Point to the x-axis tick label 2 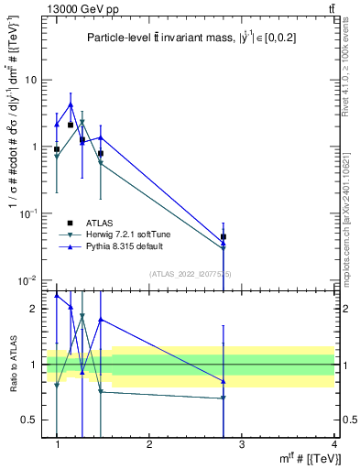click(x=149, y=444)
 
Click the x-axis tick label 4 click(x=333, y=444)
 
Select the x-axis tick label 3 click(x=242, y=444)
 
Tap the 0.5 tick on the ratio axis click(x=30, y=420)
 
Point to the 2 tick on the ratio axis click(x=34, y=309)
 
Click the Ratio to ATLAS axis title click(x=13, y=364)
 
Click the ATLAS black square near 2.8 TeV click(x=224, y=236)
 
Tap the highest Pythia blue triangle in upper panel click(x=71, y=104)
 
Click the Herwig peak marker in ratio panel click(x=82, y=316)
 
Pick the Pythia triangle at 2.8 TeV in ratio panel click(x=224, y=381)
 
